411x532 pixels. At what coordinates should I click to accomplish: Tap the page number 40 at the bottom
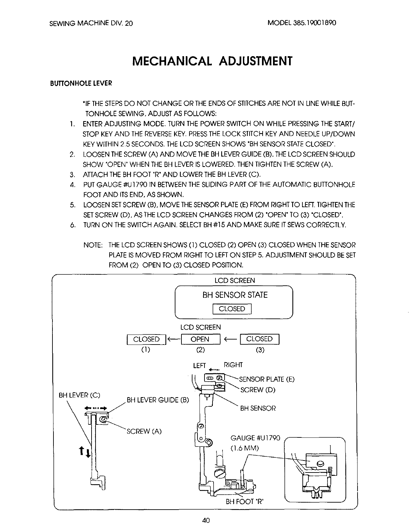205,520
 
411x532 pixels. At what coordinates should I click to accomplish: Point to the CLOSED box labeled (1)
146,339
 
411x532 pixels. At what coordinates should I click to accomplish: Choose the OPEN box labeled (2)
200,339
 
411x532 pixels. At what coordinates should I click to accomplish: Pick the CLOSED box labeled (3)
259,339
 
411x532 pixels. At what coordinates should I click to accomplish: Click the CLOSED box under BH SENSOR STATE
232,309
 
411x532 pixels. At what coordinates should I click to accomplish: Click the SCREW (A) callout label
144,431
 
